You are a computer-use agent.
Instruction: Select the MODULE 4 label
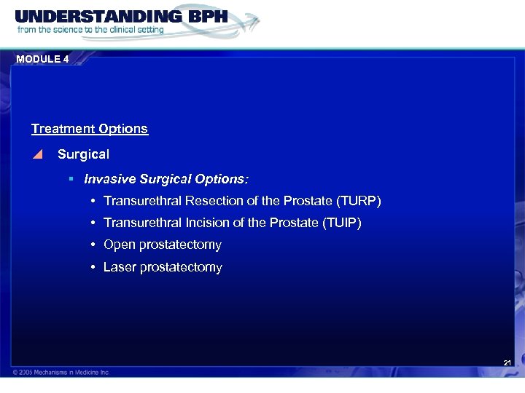tap(41, 59)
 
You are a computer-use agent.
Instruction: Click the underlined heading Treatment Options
tap(89, 129)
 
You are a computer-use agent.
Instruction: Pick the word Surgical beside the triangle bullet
tap(83, 154)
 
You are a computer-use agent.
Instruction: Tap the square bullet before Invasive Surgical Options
tap(71, 178)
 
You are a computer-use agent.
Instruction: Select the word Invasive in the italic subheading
tap(109, 178)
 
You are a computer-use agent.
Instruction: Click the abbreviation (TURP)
tap(357, 201)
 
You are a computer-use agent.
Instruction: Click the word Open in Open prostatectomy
tap(118, 245)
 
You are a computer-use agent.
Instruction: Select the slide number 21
tap(507, 362)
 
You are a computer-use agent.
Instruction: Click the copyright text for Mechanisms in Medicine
tap(61, 372)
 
